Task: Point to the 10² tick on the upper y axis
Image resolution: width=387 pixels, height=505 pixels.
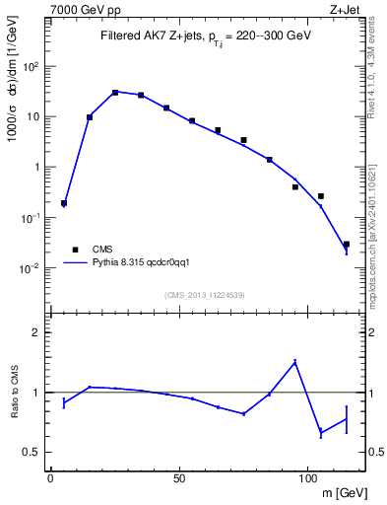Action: coord(32,66)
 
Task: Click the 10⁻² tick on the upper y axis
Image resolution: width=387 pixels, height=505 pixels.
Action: coord(31,267)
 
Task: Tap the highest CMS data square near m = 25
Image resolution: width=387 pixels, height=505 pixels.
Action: coord(115,93)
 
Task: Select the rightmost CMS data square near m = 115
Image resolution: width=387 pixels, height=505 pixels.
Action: coord(346,244)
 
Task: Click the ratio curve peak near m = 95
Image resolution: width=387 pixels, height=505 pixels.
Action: coord(294,361)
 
